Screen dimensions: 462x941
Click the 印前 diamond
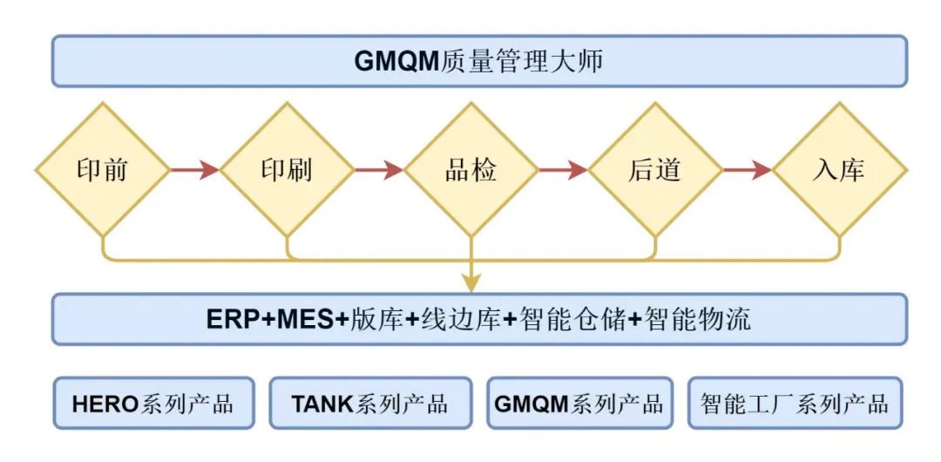coord(102,169)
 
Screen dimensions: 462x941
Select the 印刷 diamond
coord(287,169)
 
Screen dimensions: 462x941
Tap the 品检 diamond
coord(470,169)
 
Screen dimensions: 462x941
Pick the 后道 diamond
coord(654,169)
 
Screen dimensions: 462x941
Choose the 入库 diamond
coord(839,169)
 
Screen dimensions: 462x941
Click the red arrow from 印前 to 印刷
coord(194,169)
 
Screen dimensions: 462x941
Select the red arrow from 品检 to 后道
coord(563,169)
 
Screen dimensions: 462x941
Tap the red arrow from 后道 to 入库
coord(747,169)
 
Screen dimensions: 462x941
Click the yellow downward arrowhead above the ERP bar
coord(470,282)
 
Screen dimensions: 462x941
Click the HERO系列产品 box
coord(153,404)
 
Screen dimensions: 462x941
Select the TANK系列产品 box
coord(369,404)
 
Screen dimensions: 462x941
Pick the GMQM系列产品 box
coord(579,404)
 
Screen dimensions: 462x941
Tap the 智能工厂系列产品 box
coord(795,404)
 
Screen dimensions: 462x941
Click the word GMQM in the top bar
coord(396,62)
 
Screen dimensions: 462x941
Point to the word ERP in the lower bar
coord(234,320)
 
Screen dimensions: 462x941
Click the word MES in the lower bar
coord(305,320)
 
